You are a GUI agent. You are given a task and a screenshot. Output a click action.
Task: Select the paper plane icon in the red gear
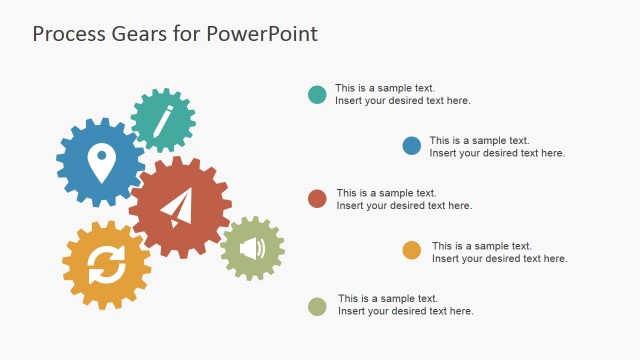[177, 208]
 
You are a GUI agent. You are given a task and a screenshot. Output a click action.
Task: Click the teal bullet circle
[317, 95]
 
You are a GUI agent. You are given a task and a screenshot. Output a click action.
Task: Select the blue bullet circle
[412, 146]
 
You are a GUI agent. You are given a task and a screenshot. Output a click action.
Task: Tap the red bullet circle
[318, 198]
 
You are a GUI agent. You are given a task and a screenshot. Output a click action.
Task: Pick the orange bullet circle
[412, 251]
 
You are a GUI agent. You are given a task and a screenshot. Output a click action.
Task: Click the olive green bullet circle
[317, 305]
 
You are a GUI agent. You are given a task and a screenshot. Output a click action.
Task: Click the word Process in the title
[70, 34]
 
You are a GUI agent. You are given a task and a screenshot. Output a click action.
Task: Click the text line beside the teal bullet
[402, 94]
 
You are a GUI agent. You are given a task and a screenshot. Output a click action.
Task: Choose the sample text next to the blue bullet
[497, 147]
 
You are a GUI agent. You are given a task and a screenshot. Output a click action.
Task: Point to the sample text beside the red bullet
[404, 199]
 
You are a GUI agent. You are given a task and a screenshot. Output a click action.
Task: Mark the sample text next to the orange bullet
[499, 252]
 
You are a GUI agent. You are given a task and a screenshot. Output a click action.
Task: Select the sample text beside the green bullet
[405, 305]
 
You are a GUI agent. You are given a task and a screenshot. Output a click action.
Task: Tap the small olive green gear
[252, 248]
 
